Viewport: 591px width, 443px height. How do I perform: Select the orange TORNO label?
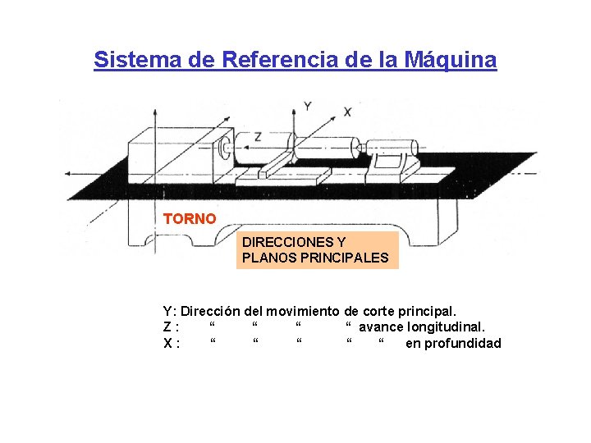[x=190, y=219]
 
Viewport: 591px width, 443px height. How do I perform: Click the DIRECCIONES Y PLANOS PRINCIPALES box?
[x=316, y=251]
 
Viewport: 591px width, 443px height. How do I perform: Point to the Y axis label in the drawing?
[x=308, y=106]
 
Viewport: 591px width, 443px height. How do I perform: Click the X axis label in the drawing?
[x=347, y=112]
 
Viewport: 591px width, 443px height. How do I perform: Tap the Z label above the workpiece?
[x=258, y=136]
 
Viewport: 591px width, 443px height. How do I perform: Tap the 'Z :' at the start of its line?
[x=171, y=327]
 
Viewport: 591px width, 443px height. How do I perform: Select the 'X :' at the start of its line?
[x=172, y=343]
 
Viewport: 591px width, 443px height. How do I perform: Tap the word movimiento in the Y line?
[x=303, y=311]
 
